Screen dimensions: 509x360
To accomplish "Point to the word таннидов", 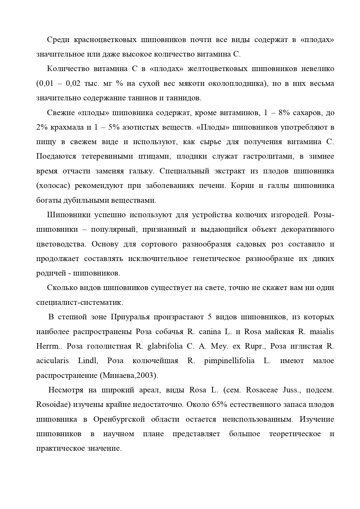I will point(184,98).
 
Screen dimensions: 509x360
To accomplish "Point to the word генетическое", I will point(216,259).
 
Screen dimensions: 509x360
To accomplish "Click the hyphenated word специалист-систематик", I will point(79,302).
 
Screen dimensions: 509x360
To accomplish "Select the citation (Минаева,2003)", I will point(129,376).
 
